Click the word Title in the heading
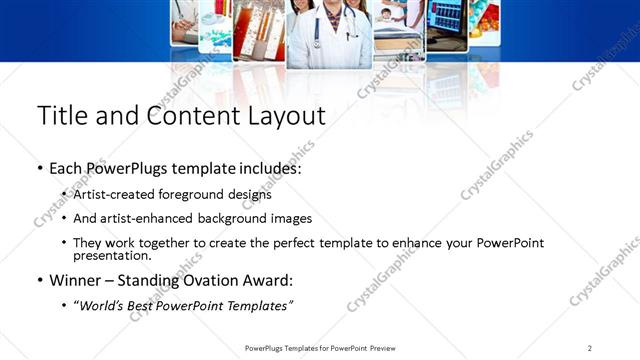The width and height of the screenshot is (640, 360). pyautogui.click(x=62, y=116)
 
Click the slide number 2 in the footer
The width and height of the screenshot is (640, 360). pyautogui.click(x=590, y=348)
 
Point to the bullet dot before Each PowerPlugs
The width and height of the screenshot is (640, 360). pyautogui.click(x=39, y=170)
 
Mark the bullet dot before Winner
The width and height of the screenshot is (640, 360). pyautogui.click(x=39, y=281)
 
